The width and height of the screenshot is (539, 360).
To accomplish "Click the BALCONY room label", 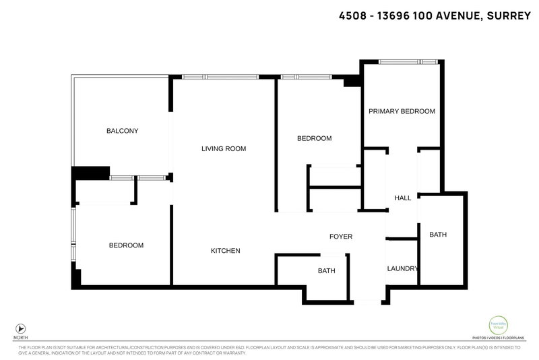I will click(x=122, y=131).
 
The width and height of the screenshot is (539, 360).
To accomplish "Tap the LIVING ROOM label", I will click(x=224, y=148).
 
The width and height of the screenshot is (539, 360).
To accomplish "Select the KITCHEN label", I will click(x=226, y=251).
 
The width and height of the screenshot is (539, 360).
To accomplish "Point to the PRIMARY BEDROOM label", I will click(x=401, y=111).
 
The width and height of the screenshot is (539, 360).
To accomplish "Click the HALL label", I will click(x=402, y=198).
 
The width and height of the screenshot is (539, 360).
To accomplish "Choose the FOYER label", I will click(x=340, y=237).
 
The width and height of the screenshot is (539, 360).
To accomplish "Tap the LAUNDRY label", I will click(x=402, y=268).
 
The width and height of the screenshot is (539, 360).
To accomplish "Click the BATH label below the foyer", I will click(x=326, y=271).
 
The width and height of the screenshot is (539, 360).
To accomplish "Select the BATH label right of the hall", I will click(x=438, y=235).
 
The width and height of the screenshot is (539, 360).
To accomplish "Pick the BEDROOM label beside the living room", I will click(x=315, y=138).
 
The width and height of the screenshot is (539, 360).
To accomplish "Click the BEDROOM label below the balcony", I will click(x=126, y=245).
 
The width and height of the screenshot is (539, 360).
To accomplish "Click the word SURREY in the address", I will click(x=507, y=15).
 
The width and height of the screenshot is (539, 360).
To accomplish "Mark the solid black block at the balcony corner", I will click(x=90, y=173).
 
